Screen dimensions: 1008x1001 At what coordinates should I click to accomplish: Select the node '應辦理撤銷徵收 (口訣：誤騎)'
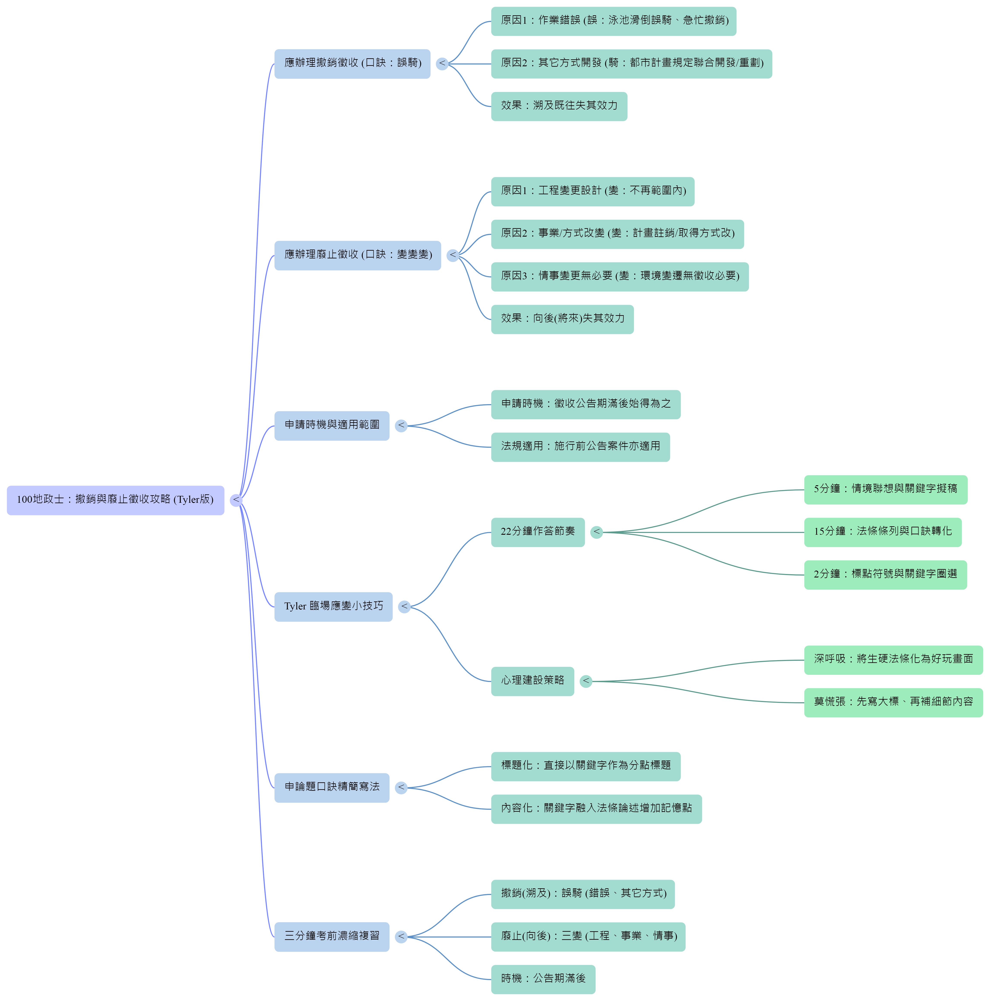pyautogui.click(x=352, y=64)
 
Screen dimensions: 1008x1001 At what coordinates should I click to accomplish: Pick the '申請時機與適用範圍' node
pyautogui.click(x=332, y=426)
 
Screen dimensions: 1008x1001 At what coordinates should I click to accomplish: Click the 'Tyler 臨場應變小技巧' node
pyautogui.click(x=333, y=607)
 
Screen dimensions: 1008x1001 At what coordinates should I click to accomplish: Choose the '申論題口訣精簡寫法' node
pyautogui.click(x=332, y=788)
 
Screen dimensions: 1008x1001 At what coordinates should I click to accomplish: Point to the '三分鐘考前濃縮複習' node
pyautogui.click(x=332, y=937)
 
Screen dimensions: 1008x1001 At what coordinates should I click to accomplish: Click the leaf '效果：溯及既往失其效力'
pyautogui.click(x=559, y=106)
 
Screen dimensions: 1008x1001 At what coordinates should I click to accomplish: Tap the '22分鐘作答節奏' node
pyautogui.click(x=538, y=532)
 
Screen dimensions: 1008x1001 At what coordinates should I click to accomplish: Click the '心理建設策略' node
pyautogui.click(x=533, y=681)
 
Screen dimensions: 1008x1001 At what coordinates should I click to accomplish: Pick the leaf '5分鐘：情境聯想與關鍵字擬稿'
pyautogui.click(x=885, y=490)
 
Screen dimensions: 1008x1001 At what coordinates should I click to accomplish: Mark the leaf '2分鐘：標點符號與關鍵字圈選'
pyautogui.click(x=885, y=575)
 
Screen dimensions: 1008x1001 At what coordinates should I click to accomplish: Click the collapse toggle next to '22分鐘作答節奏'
pyautogui.click(x=596, y=532)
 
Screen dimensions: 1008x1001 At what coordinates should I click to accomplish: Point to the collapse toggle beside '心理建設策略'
pyautogui.click(x=586, y=681)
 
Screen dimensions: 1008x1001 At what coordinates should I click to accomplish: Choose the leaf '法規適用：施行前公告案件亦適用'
pyautogui.click(x=580, y=447)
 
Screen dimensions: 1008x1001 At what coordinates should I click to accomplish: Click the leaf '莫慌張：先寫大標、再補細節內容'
pyautogui.click(x=893, y=703)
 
